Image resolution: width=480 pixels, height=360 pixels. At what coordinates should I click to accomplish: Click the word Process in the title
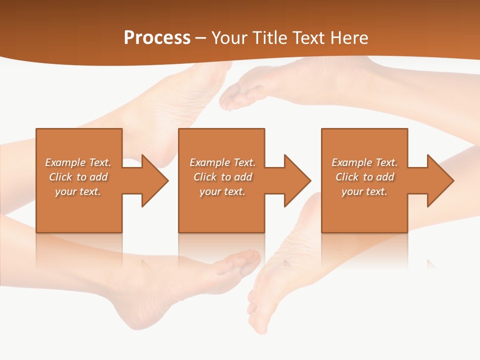157,38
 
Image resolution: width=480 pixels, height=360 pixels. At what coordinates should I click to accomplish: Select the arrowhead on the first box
153,180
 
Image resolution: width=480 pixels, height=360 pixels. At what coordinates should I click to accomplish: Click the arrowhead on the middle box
295,180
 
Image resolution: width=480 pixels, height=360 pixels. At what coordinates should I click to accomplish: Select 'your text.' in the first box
78,191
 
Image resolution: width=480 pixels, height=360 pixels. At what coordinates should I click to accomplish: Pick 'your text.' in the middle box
222,191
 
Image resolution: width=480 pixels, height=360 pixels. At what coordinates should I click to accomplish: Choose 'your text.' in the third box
364,191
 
